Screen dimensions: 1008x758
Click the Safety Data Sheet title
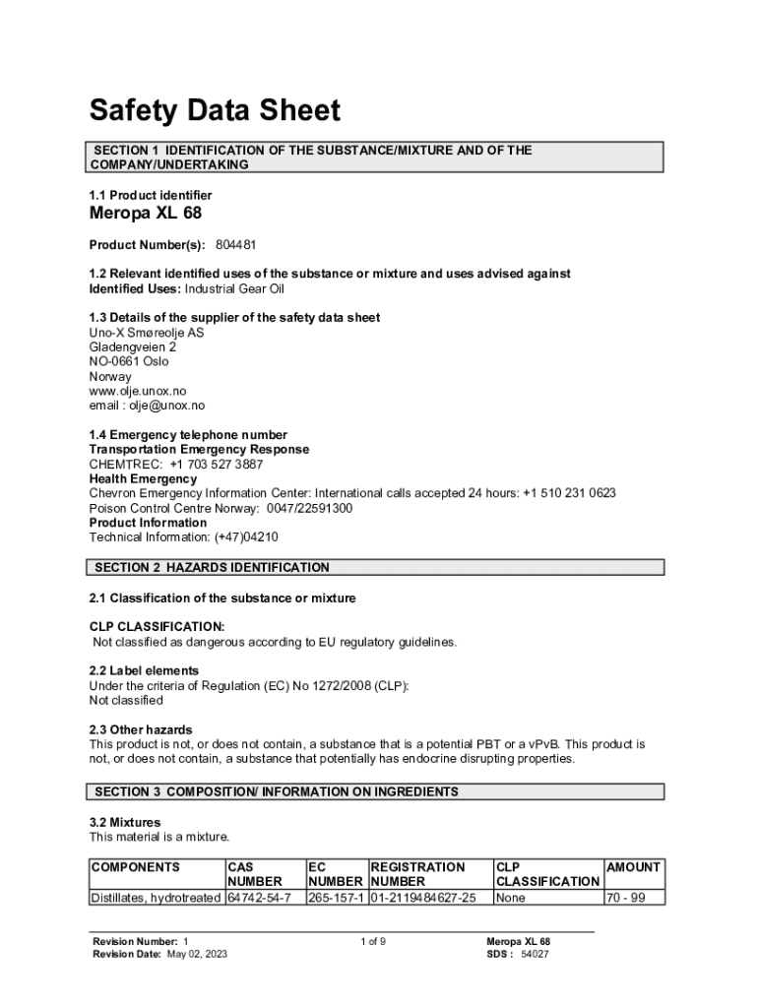[215, 110]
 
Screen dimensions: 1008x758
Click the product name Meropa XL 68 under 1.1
[146, 215]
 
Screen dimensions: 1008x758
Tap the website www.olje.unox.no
[137, 391]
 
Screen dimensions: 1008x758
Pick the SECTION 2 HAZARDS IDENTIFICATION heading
[212, 568]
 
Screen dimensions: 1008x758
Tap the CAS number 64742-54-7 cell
[259, 898]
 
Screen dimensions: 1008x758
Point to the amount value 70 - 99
[626, 898]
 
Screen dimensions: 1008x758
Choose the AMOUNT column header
[633, 867]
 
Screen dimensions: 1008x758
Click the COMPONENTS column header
[135, 867]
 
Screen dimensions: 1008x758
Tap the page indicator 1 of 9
[372, 942]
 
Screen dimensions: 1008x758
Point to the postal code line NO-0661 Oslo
[129, 361]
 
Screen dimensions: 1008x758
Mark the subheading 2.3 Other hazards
[141, 730]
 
